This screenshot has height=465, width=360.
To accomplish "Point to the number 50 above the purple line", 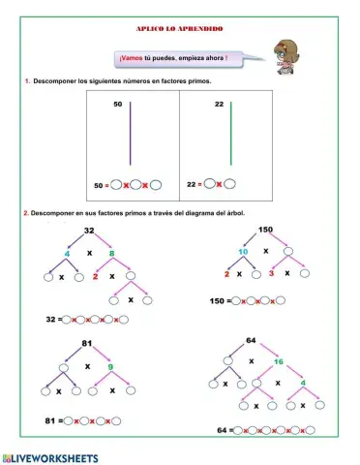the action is (118, 104).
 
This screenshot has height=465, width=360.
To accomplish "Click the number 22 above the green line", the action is (220, 104).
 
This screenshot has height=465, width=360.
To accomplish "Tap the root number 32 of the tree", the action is (88, 230).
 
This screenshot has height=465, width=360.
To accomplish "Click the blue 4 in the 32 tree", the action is (67, 254).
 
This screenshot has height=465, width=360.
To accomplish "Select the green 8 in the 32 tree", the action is (111, 254).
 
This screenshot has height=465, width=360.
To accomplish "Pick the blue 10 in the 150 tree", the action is (246, 251).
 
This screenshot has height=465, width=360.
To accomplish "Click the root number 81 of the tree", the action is (86, 344).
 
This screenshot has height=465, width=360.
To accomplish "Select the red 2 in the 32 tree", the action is (95, 276).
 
